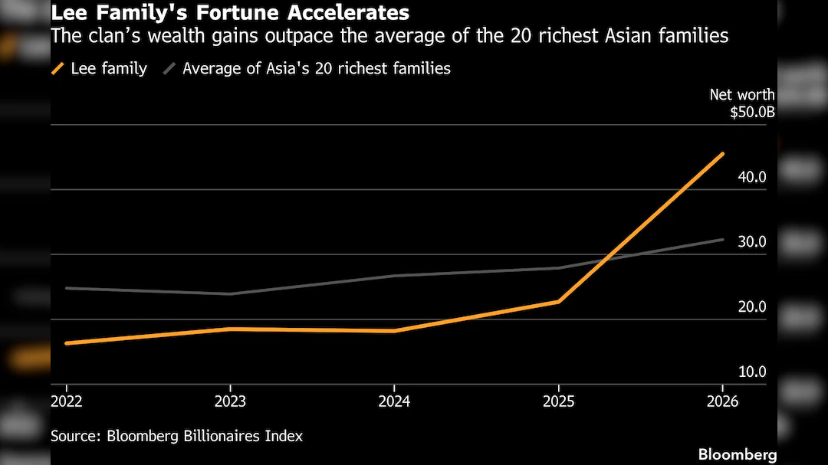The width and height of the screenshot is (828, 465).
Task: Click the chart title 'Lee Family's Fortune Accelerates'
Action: click(x=230, y=13)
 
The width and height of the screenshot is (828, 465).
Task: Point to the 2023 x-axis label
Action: click(x=230, y=401)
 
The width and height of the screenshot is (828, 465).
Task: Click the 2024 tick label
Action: click(x=394, y=401)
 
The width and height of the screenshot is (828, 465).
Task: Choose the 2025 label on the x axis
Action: click(x=558, y=401)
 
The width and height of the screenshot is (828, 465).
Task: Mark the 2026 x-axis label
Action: click(x=722, y=401)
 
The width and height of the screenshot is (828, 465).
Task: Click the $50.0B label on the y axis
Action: click(x=752, y=112)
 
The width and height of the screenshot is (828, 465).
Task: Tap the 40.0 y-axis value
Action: click(x=752, y=177)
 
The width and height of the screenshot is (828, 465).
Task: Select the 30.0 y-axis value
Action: click(x=752, y=242)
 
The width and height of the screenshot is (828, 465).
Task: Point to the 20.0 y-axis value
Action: click(x=752, y=307)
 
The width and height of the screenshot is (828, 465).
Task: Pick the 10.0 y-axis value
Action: click(x=752, y=372)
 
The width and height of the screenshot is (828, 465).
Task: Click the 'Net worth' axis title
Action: click(x=741, y=95)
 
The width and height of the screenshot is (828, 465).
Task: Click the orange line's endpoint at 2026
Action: click(x=722, y=154)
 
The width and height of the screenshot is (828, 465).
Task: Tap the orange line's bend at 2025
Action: click(x=559, y=301)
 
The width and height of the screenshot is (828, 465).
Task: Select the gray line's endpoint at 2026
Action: click(x=722, y=240)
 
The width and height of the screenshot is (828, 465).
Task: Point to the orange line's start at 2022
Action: click(x=67, y=343)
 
